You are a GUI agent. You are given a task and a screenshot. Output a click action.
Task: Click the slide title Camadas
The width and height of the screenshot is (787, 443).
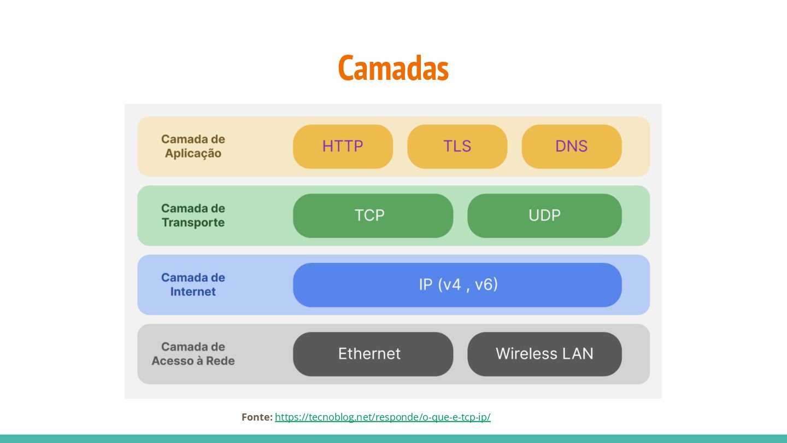[393, 68]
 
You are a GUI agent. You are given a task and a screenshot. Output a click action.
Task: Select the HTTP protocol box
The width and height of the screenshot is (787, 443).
[343, 146]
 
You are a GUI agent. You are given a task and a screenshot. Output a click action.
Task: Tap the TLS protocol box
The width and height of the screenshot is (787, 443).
[457, 146]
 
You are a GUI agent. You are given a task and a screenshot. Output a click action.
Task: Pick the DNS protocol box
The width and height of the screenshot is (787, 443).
[571, 146]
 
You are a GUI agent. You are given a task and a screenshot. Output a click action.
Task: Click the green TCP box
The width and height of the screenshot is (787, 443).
[373, 215]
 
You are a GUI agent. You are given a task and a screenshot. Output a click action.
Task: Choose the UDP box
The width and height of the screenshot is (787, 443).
[544, 215]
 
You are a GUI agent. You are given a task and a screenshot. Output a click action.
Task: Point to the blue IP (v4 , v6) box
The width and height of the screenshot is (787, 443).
[457, 285]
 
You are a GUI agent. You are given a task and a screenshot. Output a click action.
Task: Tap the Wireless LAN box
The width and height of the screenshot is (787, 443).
[544, 354]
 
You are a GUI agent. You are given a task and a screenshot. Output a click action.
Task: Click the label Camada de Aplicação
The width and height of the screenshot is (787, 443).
[193, 146]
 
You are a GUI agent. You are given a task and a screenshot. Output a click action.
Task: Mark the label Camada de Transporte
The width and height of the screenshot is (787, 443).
[193, 215]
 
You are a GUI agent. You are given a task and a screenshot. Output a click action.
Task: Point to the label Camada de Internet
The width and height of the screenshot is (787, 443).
[193, 284]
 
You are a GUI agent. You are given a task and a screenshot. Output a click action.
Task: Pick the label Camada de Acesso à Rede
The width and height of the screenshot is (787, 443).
[193, 354]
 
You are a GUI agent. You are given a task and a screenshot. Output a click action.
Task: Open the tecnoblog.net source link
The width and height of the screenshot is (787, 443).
[383, 417]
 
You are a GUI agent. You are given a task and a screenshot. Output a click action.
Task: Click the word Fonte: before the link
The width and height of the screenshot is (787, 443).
[257, 417]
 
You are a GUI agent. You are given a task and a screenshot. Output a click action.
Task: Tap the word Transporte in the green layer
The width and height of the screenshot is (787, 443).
[193, 223]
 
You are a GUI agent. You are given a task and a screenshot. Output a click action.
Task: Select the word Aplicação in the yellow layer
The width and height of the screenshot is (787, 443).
[193, 154]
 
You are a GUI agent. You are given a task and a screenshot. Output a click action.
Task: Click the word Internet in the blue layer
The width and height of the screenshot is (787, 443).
[193, 292]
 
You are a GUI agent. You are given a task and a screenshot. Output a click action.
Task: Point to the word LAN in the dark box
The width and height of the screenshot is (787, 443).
[577, 354]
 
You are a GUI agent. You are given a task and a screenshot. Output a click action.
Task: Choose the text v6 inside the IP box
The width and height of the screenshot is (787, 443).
[486, 285]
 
